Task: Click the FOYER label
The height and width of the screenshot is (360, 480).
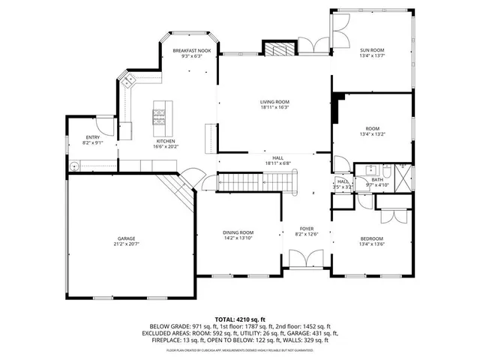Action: click(x=307, y=228)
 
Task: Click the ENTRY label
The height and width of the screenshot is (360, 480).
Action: click(x=93, y=137)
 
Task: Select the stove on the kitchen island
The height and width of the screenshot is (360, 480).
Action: click(x=160, y=115)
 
